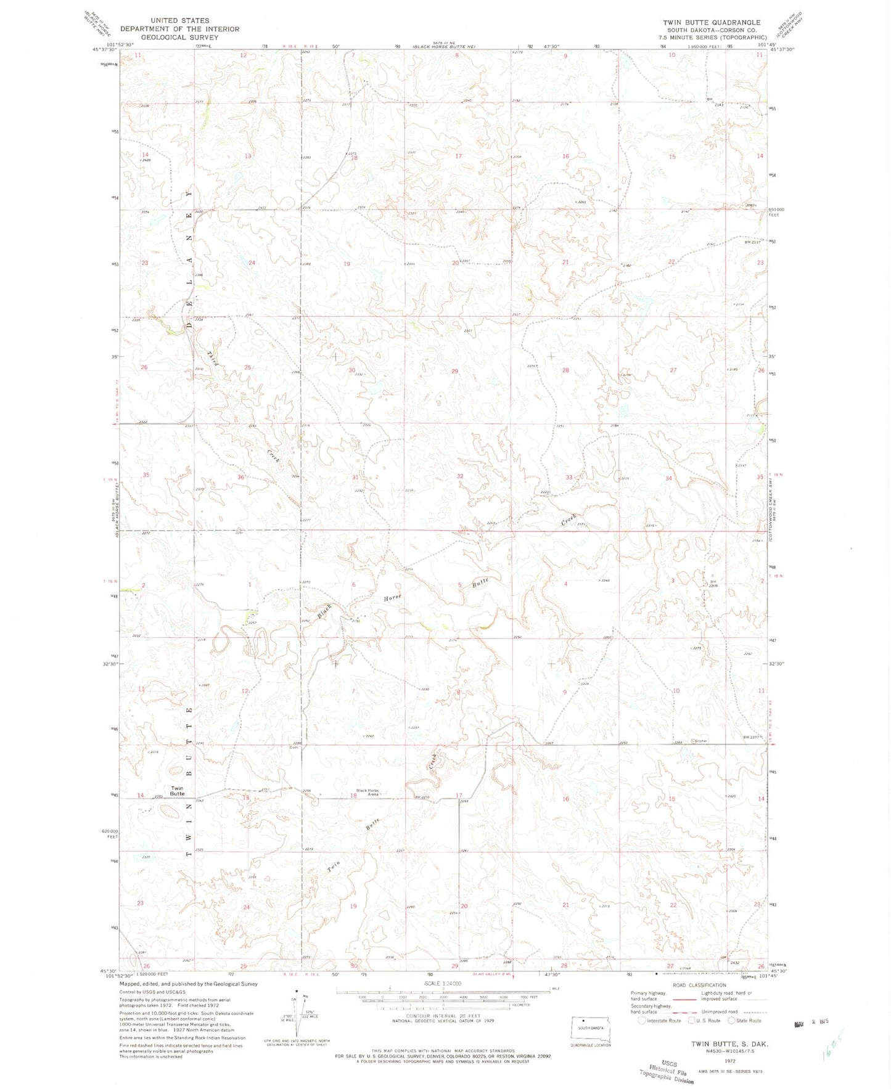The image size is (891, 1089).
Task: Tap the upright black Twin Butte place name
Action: (178, 791)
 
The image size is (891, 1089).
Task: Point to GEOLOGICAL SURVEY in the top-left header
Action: (179, 37)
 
